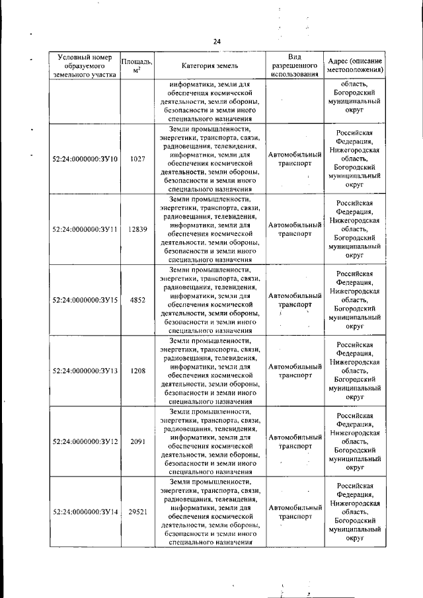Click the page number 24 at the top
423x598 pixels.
pyautogui.click(x=216, y=42)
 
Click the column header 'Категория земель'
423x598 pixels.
pyautogui.click(x=210, y=65)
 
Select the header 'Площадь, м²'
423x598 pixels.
pyautogui.click(x=137, y=65)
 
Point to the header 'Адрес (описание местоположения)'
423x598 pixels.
pyautogui.click(x=355, y=65)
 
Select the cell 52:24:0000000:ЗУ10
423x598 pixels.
pyautogui.click(x=85, y=159)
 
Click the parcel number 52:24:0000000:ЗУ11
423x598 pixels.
pyautogui.click(x=85, y=229)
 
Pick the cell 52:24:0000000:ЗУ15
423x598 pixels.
pyautogui.click(x=85, y=300)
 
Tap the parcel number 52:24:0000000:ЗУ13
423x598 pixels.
pyautogui.click(x=85, y=371)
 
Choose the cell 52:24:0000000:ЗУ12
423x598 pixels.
pyautogui.click(x=85, y=441)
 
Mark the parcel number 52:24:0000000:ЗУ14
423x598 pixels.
pyautogui.click(x=85, y=512)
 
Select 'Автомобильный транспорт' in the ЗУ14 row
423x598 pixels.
pyautogui.click(x=295, y=512)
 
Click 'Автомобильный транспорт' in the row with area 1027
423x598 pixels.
pyautogui.click(x=295, y=159)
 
